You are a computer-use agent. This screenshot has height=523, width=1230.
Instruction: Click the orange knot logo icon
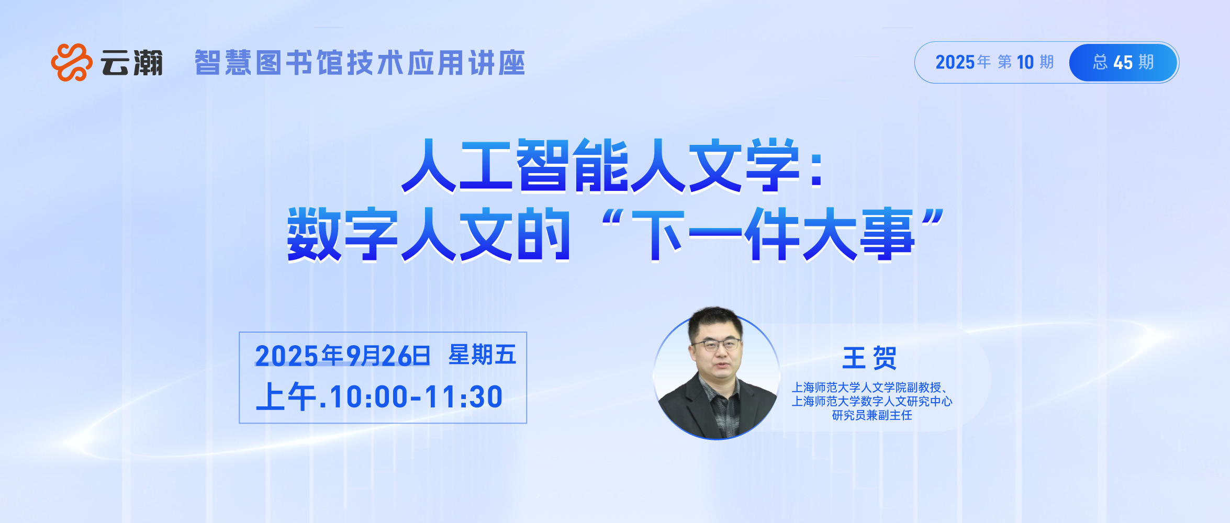pos(72,62)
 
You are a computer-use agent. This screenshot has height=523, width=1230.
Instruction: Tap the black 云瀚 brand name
pos(132,63)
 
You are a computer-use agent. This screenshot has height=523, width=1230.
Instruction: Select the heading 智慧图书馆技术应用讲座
pos(360,63)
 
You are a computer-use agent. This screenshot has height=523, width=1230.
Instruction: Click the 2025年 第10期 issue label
pos(994,62)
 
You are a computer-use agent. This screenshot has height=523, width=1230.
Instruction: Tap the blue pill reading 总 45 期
pos(1123,63)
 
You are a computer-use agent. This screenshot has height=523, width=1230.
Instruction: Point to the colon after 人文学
pos(817,170)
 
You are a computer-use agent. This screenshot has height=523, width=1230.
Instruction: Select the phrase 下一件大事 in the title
pos(773,234)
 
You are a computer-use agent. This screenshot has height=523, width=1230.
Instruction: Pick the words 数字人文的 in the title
pos(429,234)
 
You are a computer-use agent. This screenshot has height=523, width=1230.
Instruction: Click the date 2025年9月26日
pos(343,356)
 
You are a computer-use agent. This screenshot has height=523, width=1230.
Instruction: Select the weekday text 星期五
pos(483,355)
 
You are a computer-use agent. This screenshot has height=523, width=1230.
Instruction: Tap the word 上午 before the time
pos(286,396)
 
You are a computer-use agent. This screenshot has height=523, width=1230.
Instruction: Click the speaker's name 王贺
pos(869,358)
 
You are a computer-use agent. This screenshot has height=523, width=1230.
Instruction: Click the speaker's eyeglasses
pos(717,345)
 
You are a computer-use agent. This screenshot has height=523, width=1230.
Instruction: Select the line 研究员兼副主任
pos(872,415)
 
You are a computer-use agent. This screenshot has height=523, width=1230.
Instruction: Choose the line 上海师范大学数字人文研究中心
pos(872,401)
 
